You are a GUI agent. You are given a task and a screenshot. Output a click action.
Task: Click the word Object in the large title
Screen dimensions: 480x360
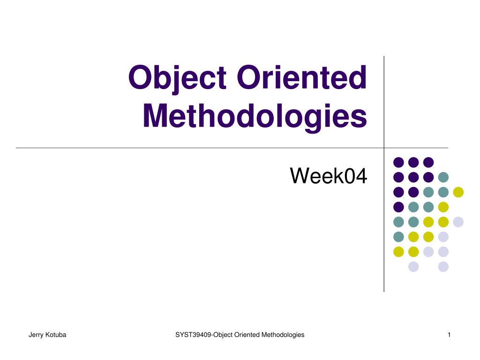point(177,78)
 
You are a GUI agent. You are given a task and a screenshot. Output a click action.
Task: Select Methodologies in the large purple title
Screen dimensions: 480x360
point(255,117)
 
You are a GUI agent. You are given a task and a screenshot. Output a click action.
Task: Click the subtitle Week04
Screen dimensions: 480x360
point(329,176)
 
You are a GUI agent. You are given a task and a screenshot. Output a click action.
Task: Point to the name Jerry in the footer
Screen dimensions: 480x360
point(36,335)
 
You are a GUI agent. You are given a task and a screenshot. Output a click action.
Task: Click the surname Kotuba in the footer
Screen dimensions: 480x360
point(56,335)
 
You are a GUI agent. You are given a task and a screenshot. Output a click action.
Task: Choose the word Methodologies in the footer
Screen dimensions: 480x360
point(283,335)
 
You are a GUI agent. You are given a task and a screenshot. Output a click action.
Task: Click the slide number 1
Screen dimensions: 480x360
point(449,335)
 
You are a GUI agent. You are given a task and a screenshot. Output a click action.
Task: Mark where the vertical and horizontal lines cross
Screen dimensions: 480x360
point(384,148)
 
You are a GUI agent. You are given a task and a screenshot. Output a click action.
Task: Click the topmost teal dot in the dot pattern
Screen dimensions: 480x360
point(443,177)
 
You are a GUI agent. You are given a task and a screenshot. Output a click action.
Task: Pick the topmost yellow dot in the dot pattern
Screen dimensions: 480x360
point(458,192)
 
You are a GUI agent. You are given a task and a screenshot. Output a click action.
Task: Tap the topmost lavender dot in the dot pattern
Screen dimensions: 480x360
point(458,222)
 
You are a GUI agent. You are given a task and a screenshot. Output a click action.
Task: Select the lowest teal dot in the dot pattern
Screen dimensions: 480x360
point(398,237)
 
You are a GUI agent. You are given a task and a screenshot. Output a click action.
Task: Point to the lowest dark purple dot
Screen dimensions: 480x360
point(398,207)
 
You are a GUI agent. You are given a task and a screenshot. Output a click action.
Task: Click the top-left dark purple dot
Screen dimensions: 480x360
point(398,162)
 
